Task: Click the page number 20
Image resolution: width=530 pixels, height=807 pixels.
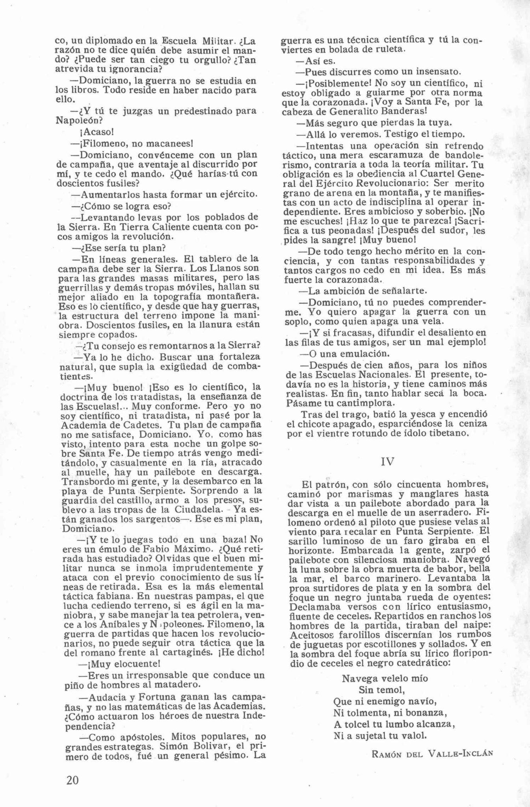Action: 73,780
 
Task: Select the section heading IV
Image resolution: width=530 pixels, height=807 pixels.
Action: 387,461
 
